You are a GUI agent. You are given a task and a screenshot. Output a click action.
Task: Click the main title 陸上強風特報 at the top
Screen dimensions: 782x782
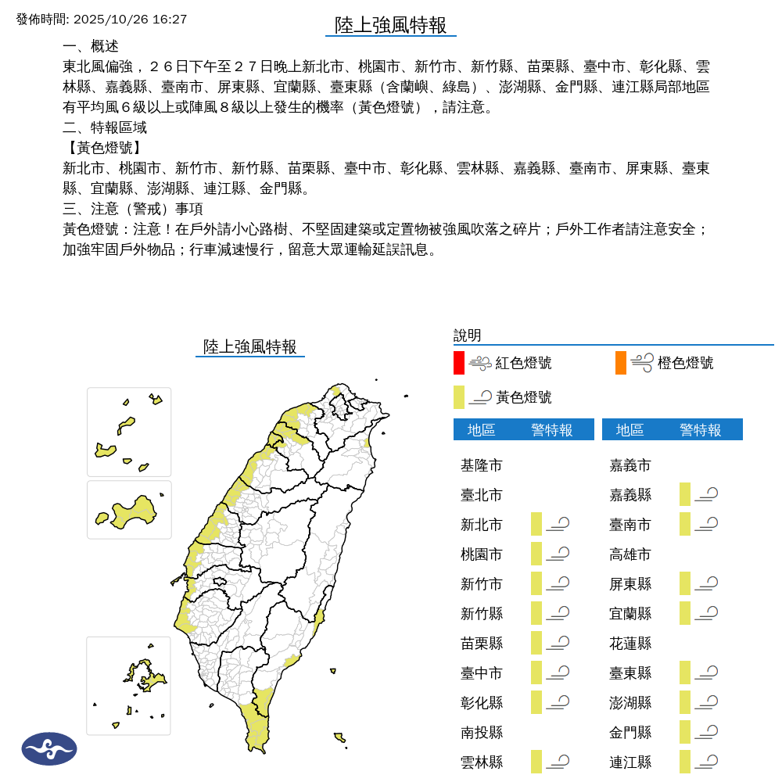pos(391,25)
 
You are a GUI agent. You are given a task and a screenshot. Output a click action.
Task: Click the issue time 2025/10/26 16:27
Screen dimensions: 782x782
pos(129,19)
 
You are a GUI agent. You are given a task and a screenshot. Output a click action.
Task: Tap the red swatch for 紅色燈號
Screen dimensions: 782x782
pos(459,363)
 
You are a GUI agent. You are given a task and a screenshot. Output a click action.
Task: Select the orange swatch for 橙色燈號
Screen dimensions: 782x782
pos(621,363)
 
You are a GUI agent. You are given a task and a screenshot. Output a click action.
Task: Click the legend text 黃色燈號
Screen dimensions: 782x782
pos(524,397)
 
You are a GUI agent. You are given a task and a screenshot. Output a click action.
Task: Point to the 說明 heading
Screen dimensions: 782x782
pos(468,335)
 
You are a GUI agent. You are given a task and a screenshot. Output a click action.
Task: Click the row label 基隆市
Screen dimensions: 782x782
pos(482,465)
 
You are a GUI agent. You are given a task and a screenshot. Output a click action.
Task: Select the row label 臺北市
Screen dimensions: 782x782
pos(482,495)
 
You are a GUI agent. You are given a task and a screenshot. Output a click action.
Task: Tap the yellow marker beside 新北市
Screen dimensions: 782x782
pos(536,524)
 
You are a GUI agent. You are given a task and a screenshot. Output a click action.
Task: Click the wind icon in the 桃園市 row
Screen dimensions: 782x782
pos(558,554)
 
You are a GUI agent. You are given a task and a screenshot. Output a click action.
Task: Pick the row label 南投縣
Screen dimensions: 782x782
pos(482,733)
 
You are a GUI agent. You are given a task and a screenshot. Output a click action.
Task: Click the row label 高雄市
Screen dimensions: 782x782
pos(630,554)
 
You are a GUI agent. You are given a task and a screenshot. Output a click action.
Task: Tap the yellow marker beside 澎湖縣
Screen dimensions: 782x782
pos(685,702)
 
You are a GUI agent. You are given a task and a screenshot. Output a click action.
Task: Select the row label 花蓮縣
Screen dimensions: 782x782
pos(630,644)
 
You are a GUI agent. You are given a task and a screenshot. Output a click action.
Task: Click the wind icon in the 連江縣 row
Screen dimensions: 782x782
pos(707,762)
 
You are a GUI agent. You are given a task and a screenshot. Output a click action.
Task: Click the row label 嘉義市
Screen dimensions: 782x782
pos(630,465)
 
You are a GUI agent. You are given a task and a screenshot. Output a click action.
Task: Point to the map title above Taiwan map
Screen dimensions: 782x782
pos(250,346)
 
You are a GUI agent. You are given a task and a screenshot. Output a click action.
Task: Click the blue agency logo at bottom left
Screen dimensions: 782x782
pos(49,748)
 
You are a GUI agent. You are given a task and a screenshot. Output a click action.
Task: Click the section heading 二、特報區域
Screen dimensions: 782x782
pos(105,127)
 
